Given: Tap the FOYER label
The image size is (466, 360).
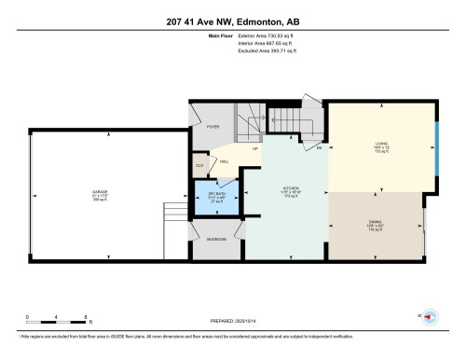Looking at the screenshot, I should [212, 129].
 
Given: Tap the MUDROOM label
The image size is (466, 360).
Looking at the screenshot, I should [216, 239].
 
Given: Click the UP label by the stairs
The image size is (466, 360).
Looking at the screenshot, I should [254, 148].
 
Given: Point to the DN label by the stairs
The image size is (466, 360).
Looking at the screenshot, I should [318, 148].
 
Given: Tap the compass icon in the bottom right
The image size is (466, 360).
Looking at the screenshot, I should [430, 317].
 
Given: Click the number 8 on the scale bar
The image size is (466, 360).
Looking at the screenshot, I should [86, 317].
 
